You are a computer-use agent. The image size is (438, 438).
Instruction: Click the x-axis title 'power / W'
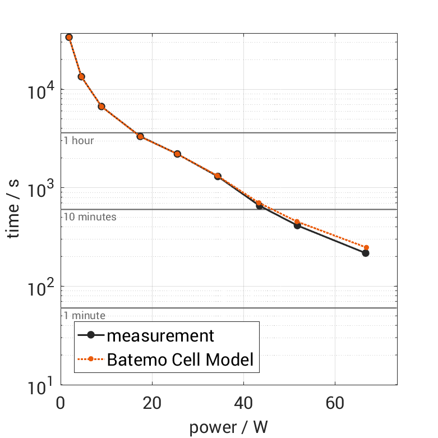click(x=228, y=428)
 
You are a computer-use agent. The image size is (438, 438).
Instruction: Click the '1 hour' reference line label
click(x=79, y=140)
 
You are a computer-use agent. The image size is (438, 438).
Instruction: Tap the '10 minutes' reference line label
click(x=90, y=217)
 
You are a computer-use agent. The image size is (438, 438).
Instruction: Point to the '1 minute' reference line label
click(x=84, y=316)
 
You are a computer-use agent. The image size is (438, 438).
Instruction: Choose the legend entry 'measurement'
click(x=160, y=335)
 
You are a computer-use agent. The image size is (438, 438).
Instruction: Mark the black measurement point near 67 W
click(x=366, y=253)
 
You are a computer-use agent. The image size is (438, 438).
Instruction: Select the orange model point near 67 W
click(x=366, y=247)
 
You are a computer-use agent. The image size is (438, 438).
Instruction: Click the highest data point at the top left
click(x=69, y=37)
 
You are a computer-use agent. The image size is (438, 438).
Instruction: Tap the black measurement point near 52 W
click(x=297, y=225)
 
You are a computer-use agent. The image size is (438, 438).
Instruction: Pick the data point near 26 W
click(x=177, y=154)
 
